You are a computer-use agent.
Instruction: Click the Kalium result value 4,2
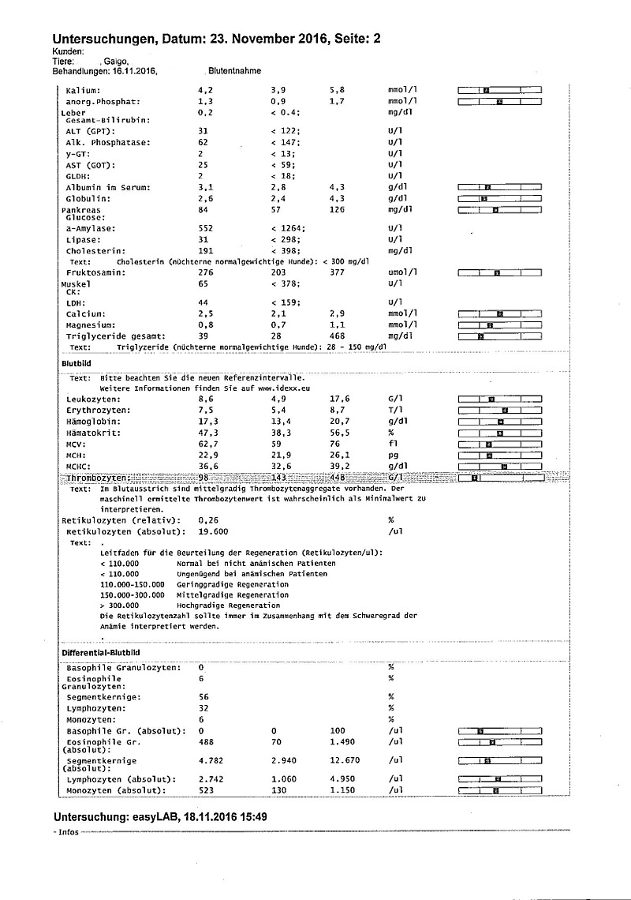tap(204, 90)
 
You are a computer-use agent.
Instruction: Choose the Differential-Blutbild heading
tap(100, 653)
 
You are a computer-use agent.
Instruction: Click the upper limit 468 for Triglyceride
tap(338, 336)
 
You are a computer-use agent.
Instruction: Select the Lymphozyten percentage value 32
tap(203, 709)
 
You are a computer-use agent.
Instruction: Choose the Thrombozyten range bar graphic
tap(500, 478)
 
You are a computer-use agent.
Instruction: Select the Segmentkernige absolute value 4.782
tap(209, 761)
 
